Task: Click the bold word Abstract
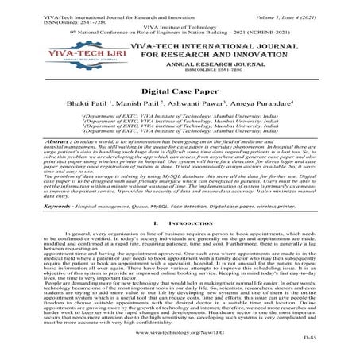pos(31,140)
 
